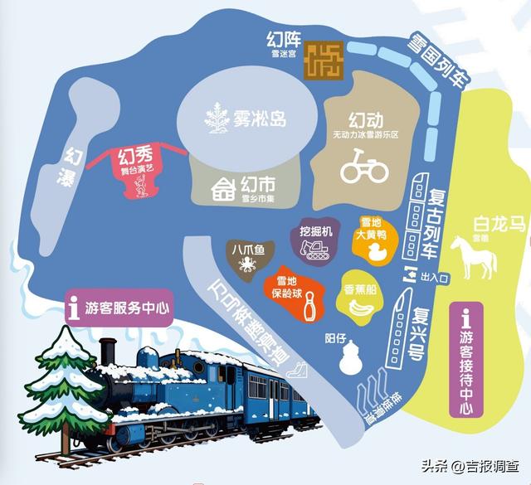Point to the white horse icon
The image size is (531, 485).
[473, 255]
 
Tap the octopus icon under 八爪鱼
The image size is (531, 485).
[247, 266]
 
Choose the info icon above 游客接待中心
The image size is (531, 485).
[465, 317]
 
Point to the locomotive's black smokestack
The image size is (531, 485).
[107, 353]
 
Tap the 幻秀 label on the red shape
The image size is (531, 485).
[137, 155]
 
